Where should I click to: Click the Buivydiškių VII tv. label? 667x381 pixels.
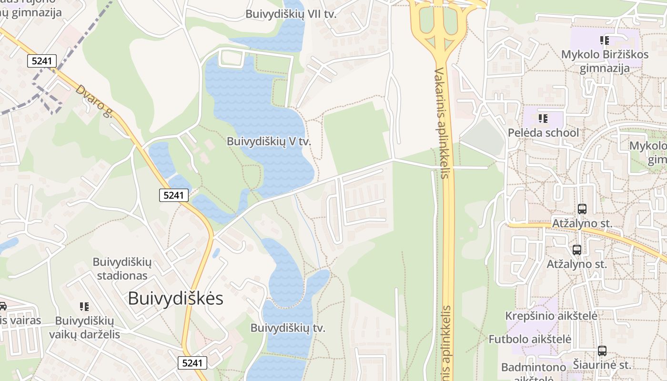pos(291,14)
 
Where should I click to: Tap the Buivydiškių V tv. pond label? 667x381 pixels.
pos(269,141)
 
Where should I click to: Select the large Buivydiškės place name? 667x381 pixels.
pos(175,299)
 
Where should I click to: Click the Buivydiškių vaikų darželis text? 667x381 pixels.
pos(84,327)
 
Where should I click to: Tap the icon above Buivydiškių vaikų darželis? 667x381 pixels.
pos(84,306)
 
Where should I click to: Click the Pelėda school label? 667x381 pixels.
pos(543,132)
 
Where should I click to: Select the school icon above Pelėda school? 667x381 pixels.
pos(543,118)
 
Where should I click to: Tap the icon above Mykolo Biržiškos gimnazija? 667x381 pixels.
pos(605,40)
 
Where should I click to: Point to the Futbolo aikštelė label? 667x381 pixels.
pos(529,340)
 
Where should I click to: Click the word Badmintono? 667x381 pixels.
pos(533,368)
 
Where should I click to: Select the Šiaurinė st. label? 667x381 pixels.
pos(602,365)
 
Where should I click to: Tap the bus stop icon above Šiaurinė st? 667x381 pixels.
pos(602,351)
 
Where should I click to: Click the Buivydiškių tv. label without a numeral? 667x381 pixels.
pos(287,328)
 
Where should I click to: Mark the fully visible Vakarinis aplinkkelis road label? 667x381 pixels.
pos(441,123)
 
